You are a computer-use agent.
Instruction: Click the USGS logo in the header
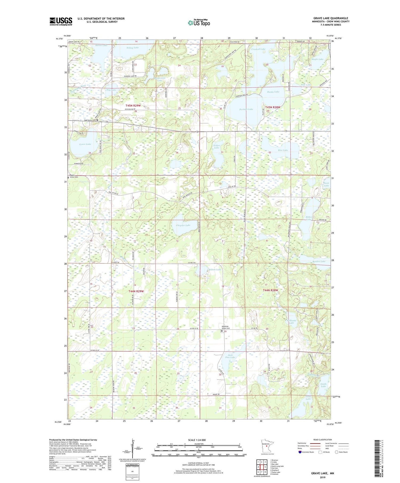point(61,21)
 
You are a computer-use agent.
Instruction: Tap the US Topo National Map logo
point(199,23)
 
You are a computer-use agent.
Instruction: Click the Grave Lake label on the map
point(85,144)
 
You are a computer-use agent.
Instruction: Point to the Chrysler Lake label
point(183,225)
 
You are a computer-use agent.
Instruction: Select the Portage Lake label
point(246,109)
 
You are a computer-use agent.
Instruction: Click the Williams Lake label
point(291,322)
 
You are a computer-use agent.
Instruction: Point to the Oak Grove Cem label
point(90,120)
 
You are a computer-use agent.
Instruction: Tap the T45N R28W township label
point(273,107)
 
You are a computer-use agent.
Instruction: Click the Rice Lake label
point(283,150)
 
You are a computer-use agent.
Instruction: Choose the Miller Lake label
point(308,218)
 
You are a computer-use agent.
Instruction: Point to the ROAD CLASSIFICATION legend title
point(323,440)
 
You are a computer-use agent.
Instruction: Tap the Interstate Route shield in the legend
point(300,452)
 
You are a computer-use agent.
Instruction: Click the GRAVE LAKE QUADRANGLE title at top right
point(331,18)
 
